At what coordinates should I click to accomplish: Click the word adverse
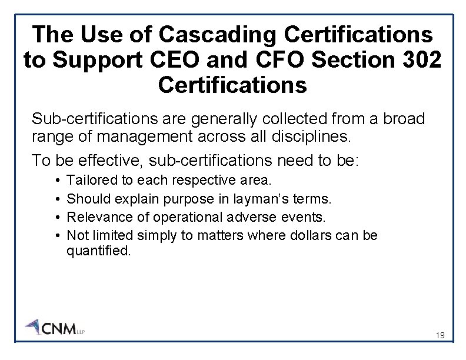point(254,217)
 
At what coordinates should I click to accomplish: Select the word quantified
point(99,251)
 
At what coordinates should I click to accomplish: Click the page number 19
point(440,336)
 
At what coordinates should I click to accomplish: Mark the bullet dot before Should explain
point(60,199)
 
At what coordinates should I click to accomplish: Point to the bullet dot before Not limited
point(60,236)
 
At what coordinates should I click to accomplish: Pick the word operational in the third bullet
point(184,217)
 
